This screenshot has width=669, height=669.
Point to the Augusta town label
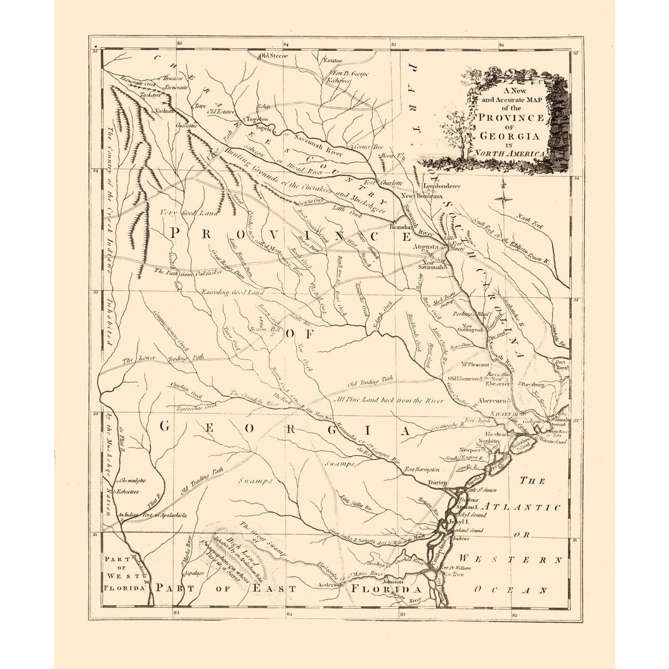424,247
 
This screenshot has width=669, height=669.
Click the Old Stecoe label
274,56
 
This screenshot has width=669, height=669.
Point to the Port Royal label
560,366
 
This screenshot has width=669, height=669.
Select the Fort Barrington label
420,469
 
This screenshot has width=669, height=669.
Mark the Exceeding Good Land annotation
232,292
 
